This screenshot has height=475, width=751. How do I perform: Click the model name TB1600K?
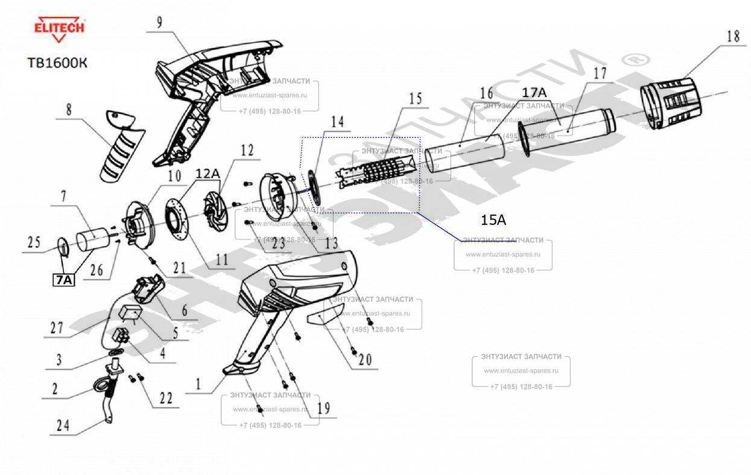57,63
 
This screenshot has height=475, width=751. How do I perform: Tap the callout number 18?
732,36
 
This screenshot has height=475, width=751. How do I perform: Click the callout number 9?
159,23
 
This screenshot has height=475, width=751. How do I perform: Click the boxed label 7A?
64,280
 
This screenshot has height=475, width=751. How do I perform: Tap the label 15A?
493,220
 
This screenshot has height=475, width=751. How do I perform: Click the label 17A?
534,92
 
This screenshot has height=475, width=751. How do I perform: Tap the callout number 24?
63,426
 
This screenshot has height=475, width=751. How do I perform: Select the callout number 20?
365,360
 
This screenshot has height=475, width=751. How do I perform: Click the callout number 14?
337,122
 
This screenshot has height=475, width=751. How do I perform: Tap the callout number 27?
57,329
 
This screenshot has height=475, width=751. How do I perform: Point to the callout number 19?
323,408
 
